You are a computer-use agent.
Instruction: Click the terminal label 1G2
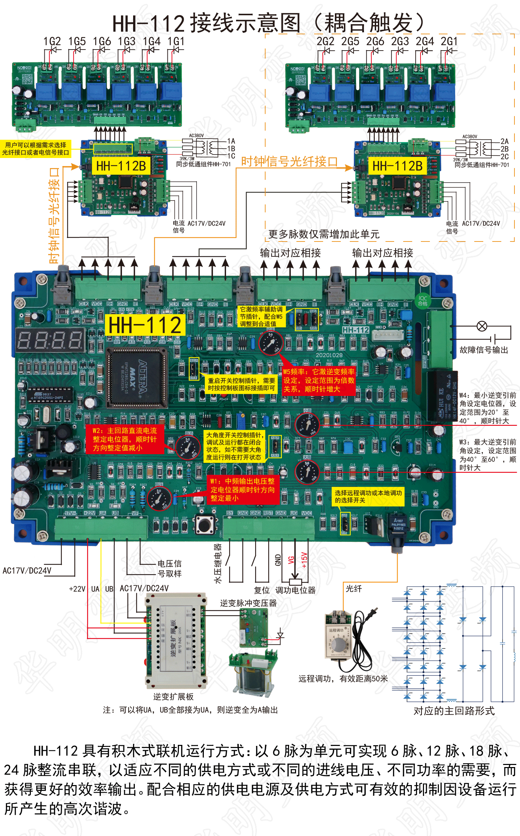pos(52,42)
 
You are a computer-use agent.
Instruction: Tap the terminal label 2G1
pos(449,42)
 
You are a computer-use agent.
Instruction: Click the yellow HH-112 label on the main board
pos(145,325)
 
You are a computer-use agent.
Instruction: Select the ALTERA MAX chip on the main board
pos(137,377)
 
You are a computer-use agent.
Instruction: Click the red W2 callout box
pos(124,439)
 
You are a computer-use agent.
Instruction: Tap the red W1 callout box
pos(243,490)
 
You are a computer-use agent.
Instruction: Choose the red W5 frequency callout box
pos(319,380)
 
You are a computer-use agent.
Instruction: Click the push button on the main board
pos(205,525)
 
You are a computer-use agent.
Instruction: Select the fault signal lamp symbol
pos(482,326)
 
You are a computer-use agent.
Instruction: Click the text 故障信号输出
pos(484,350)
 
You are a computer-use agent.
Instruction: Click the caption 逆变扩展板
pos(173,697)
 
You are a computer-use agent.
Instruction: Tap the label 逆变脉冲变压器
pos(248,603)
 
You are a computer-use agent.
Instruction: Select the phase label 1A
pos(231,141)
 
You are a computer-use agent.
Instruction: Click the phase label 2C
pos(504,157)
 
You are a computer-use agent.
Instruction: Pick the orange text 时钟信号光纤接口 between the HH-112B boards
pos(289,162)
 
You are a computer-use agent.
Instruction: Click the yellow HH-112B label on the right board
pos(397,166)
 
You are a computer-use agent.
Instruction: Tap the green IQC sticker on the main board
pos(423,300)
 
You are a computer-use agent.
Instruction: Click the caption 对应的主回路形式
pos(454,711)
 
